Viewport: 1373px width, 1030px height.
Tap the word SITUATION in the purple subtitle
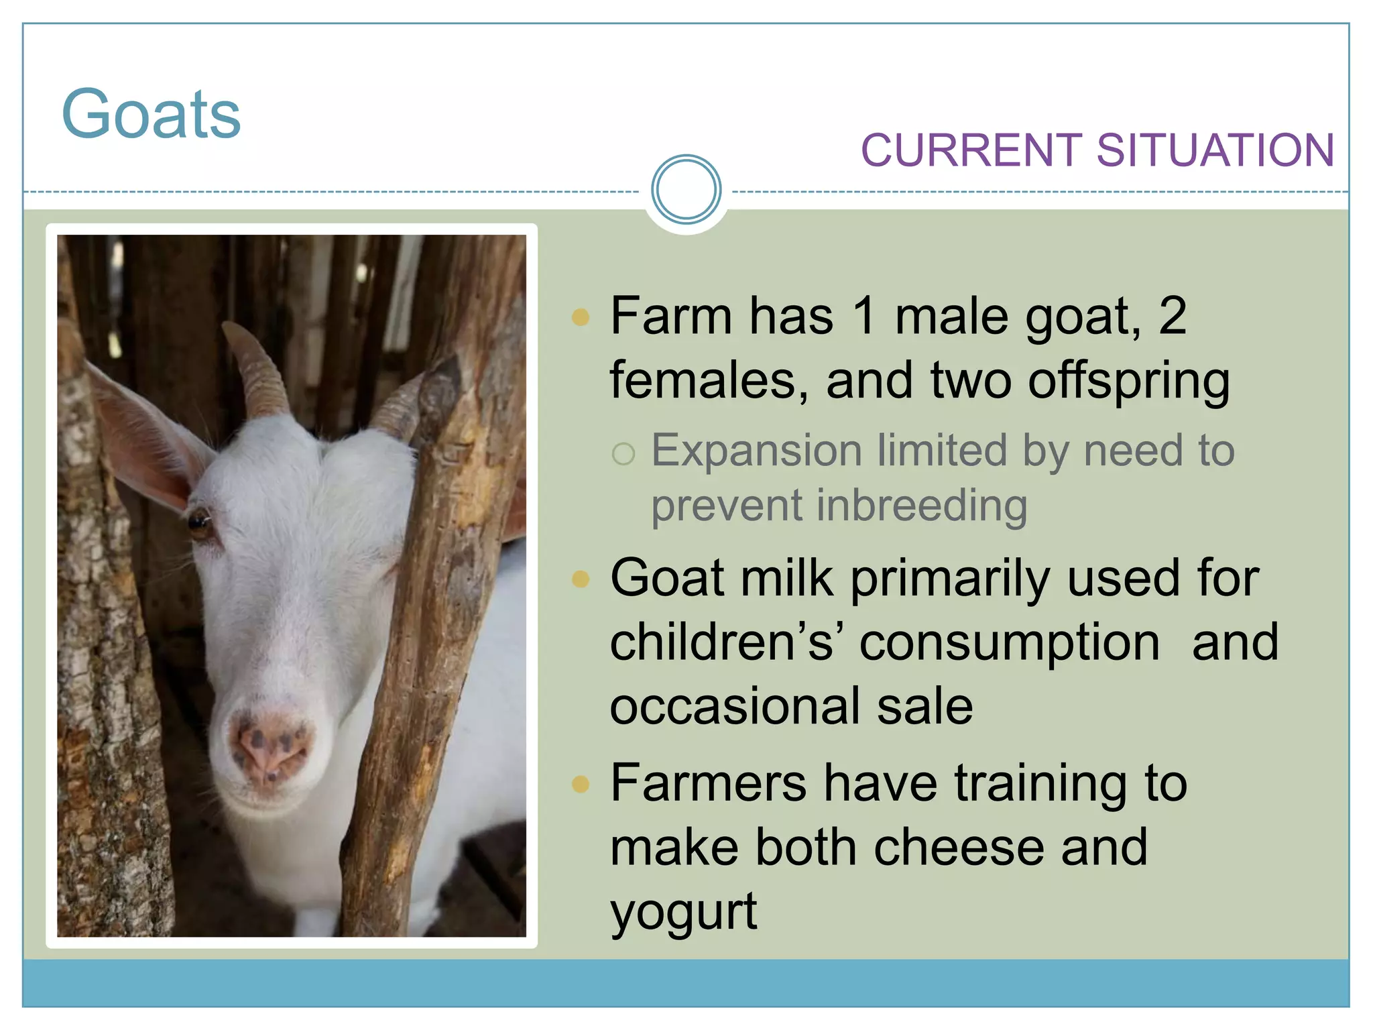1215,150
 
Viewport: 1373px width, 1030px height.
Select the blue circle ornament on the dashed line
686,190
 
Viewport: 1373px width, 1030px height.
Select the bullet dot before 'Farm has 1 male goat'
581,317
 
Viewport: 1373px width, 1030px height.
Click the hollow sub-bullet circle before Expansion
623,454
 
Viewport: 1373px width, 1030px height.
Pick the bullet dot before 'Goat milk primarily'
581,578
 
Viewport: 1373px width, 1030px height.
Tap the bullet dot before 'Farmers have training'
581,783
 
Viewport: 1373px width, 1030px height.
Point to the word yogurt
683,912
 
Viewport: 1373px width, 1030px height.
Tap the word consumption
1010,642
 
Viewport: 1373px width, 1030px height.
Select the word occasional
734,706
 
